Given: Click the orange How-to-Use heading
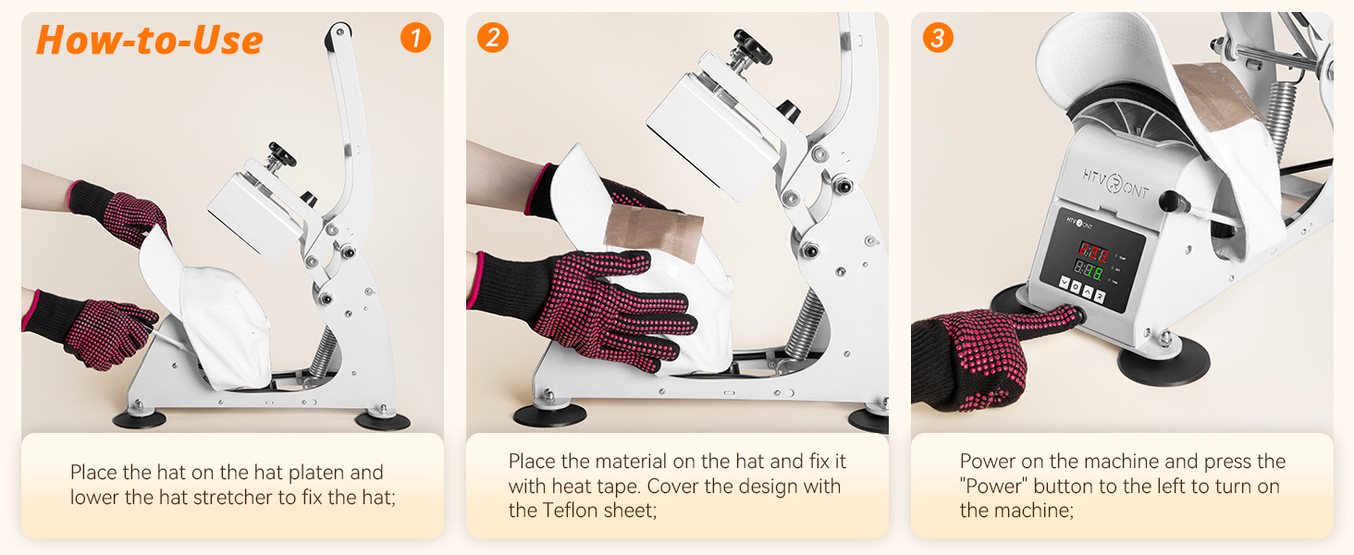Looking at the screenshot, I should [x=150, y=41].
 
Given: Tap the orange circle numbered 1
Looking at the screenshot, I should [x=415, y=37].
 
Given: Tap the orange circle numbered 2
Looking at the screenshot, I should [x=493, y=37].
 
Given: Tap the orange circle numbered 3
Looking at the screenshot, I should [x=938, y=37].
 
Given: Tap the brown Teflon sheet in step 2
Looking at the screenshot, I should [x=653, y=231].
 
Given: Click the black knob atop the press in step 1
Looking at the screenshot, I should [x=280, y=152].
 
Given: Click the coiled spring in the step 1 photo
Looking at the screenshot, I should [x=324, y=352].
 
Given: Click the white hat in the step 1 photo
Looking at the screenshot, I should [x=222, y=324].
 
